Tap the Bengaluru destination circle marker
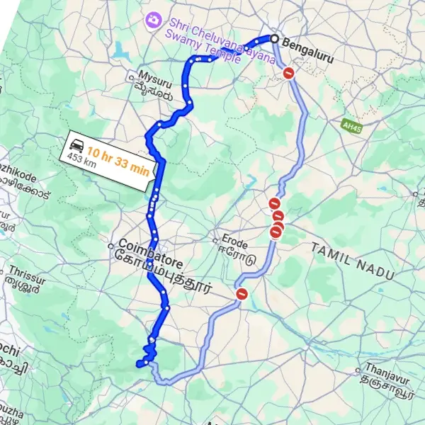coord(274,38)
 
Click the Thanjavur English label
coord(387,368)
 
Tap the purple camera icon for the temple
coord(151,18)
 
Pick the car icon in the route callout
coord(76,147)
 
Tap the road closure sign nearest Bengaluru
coord(288,73)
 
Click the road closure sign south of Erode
coord(242,294)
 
